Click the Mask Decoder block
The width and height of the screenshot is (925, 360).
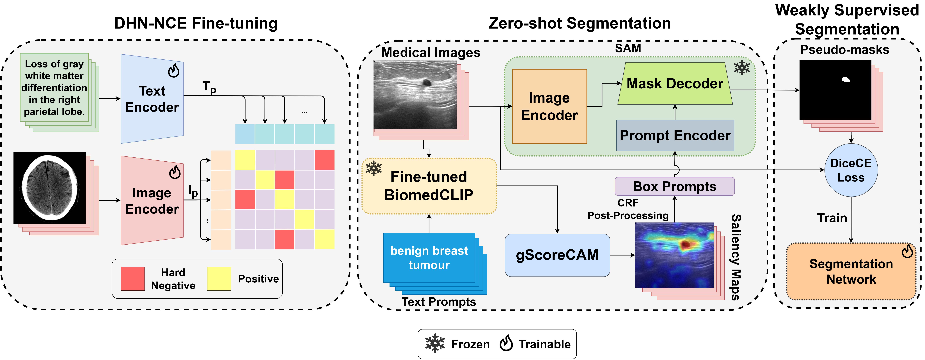(x=674, y=84)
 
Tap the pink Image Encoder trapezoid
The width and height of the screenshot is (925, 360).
(x=152, y=201)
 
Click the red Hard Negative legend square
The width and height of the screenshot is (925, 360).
(x=132, y=278)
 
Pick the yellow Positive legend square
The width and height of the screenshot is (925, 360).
(x=219, y=278)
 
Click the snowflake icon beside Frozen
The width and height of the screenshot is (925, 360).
(x=435, y=343)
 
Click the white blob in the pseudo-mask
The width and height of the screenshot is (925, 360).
(x=846, y=80)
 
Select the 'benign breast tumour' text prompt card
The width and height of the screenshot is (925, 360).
(x=429, y=258)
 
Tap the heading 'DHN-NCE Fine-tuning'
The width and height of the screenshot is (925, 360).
(x=196, y=23)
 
